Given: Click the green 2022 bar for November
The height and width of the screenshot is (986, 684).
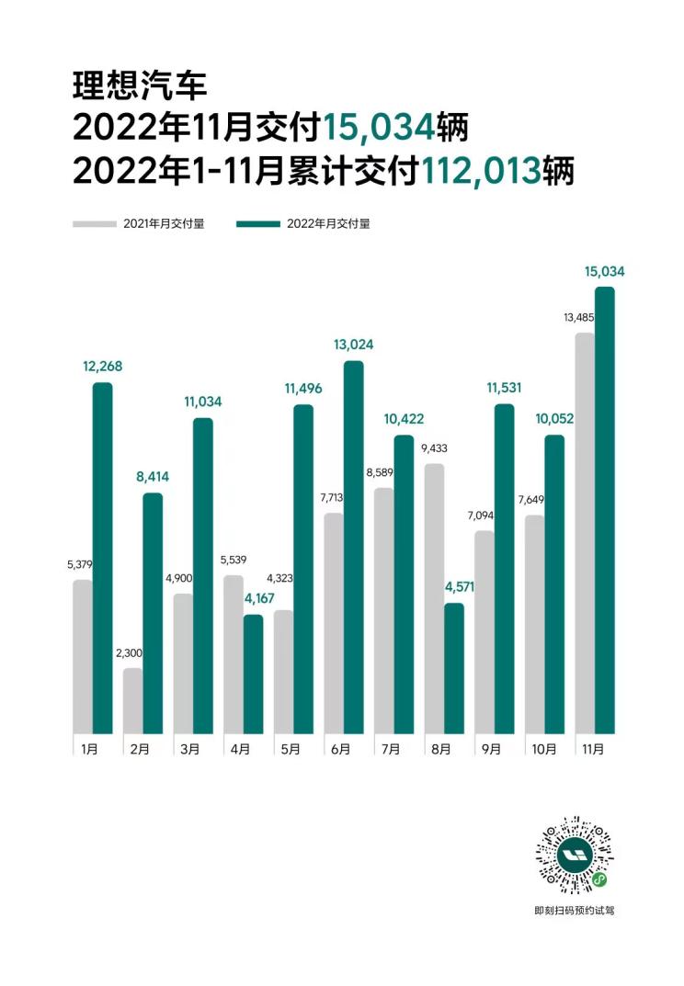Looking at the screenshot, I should click(604, 510).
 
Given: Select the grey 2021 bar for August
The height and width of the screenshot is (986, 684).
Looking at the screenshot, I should click(434, 597).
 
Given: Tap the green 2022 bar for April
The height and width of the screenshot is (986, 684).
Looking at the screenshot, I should click(253, 674).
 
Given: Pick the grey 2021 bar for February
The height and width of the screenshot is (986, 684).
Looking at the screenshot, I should click(133, 699).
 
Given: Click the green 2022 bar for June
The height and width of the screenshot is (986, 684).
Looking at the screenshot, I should click(353, 547).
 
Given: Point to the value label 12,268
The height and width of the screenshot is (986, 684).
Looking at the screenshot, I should click(102, 367).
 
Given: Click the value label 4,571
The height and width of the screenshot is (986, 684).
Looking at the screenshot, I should click(454, 587).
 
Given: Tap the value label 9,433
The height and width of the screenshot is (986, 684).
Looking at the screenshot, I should click(435, 449).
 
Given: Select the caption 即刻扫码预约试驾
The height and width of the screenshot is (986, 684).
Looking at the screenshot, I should click(574, 911).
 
